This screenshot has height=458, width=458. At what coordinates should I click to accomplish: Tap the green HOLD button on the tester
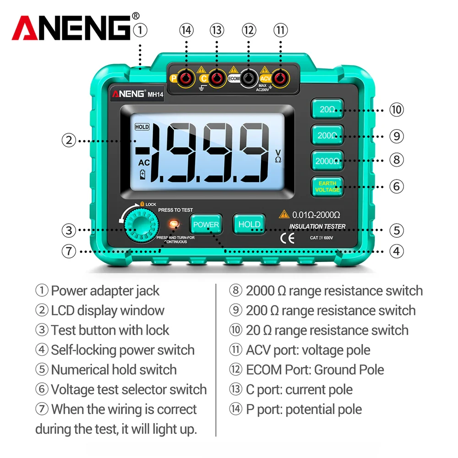249,224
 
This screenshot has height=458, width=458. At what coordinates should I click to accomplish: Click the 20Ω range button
327,109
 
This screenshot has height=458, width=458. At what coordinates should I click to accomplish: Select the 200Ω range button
327,136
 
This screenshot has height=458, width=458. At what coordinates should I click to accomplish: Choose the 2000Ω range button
327,160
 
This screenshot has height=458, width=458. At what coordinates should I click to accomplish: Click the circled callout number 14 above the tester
186,30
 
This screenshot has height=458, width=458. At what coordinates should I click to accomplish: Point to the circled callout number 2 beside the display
68,140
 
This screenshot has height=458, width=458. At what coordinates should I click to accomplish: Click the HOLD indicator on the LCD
142,126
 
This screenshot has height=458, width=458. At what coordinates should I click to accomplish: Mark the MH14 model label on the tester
155,95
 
